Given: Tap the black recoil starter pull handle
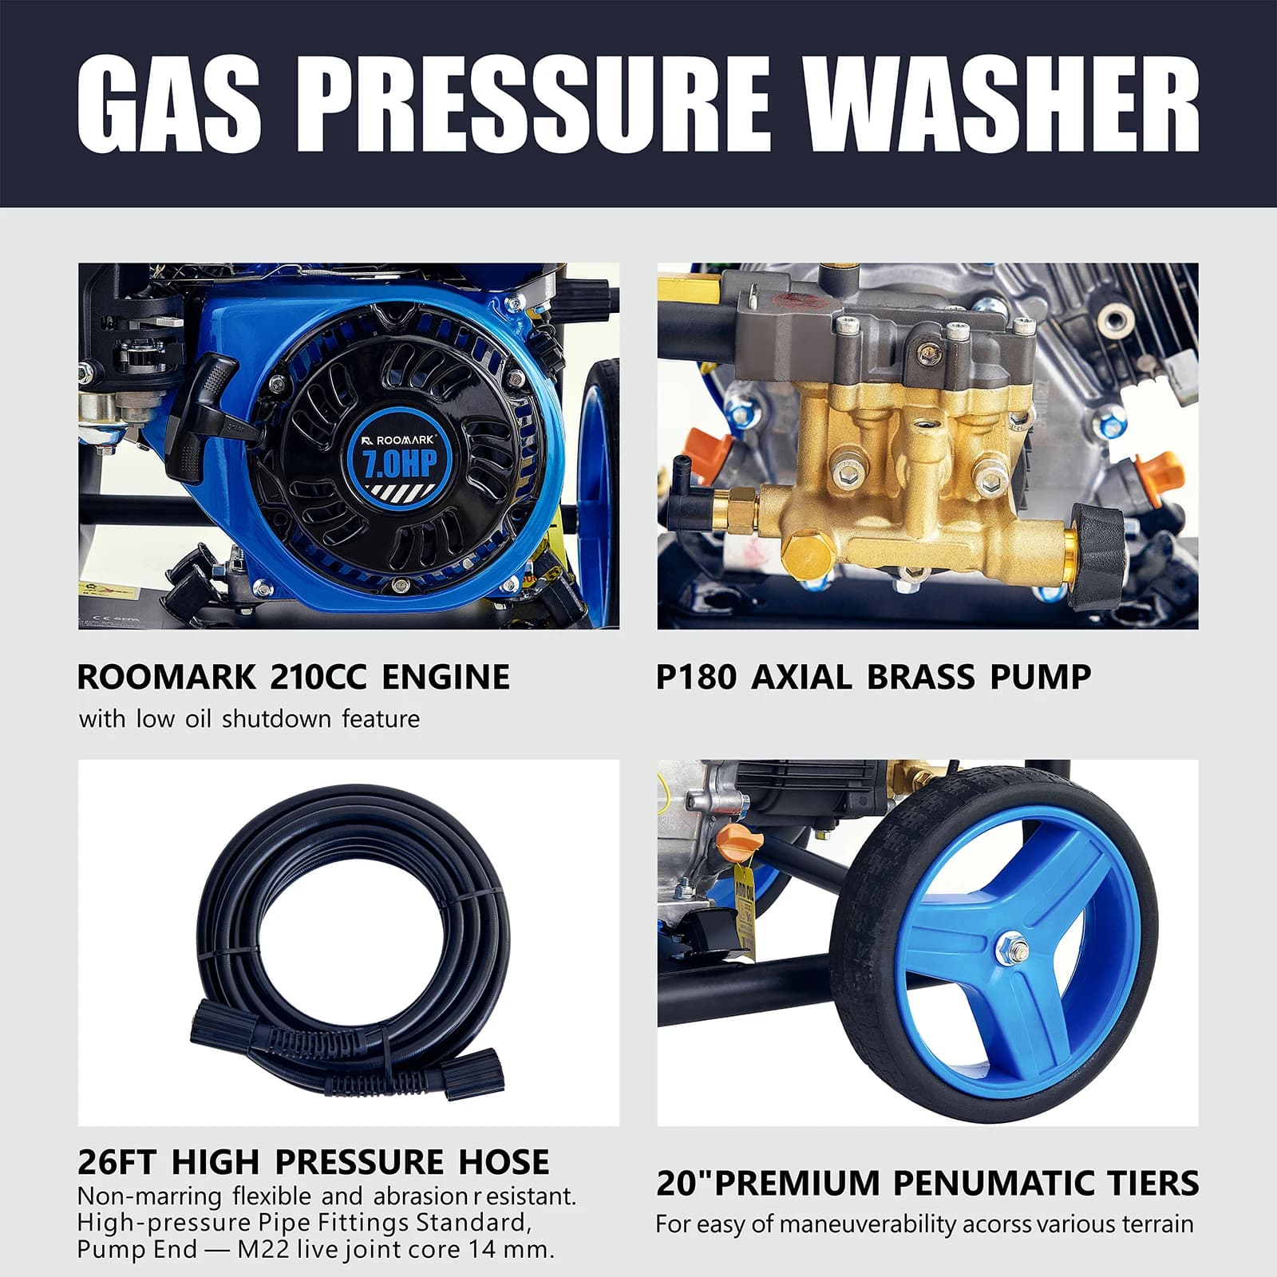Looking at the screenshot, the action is tap(209, 407).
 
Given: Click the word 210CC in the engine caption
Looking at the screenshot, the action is tap(318, 677).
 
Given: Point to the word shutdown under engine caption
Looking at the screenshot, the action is tap(276, 718).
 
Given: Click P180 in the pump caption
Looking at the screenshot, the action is tap(697, 677).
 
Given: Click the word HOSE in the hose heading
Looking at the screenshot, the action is tap(504, 1161).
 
